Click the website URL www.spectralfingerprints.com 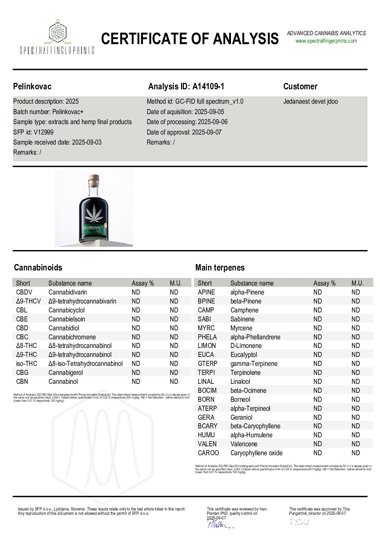pyautogui.click(x=326, y=41)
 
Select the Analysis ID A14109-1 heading pyautogui.click(x=186, y=86)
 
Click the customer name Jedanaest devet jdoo pyautogui.click(x=310, y=102)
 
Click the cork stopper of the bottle pyautogui.click(x=94, y=178)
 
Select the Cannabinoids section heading pyautogui.click(x=38, y=268)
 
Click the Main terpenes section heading pyautogui.click(x=219, y=268)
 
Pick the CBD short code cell pyautogui.click(x=22, y=328)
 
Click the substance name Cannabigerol pyautogui.click(x=67, y=373)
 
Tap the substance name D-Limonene pyautogui.click(x=246, y=346)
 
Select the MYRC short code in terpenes pyautogui.click(x=206, y=328)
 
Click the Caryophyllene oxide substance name pyautogui.click(x=256, y=453)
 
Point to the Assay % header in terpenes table pyautogui.click(x=324, y=283)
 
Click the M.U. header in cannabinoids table pyautogui.click(x=176, y=283)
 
